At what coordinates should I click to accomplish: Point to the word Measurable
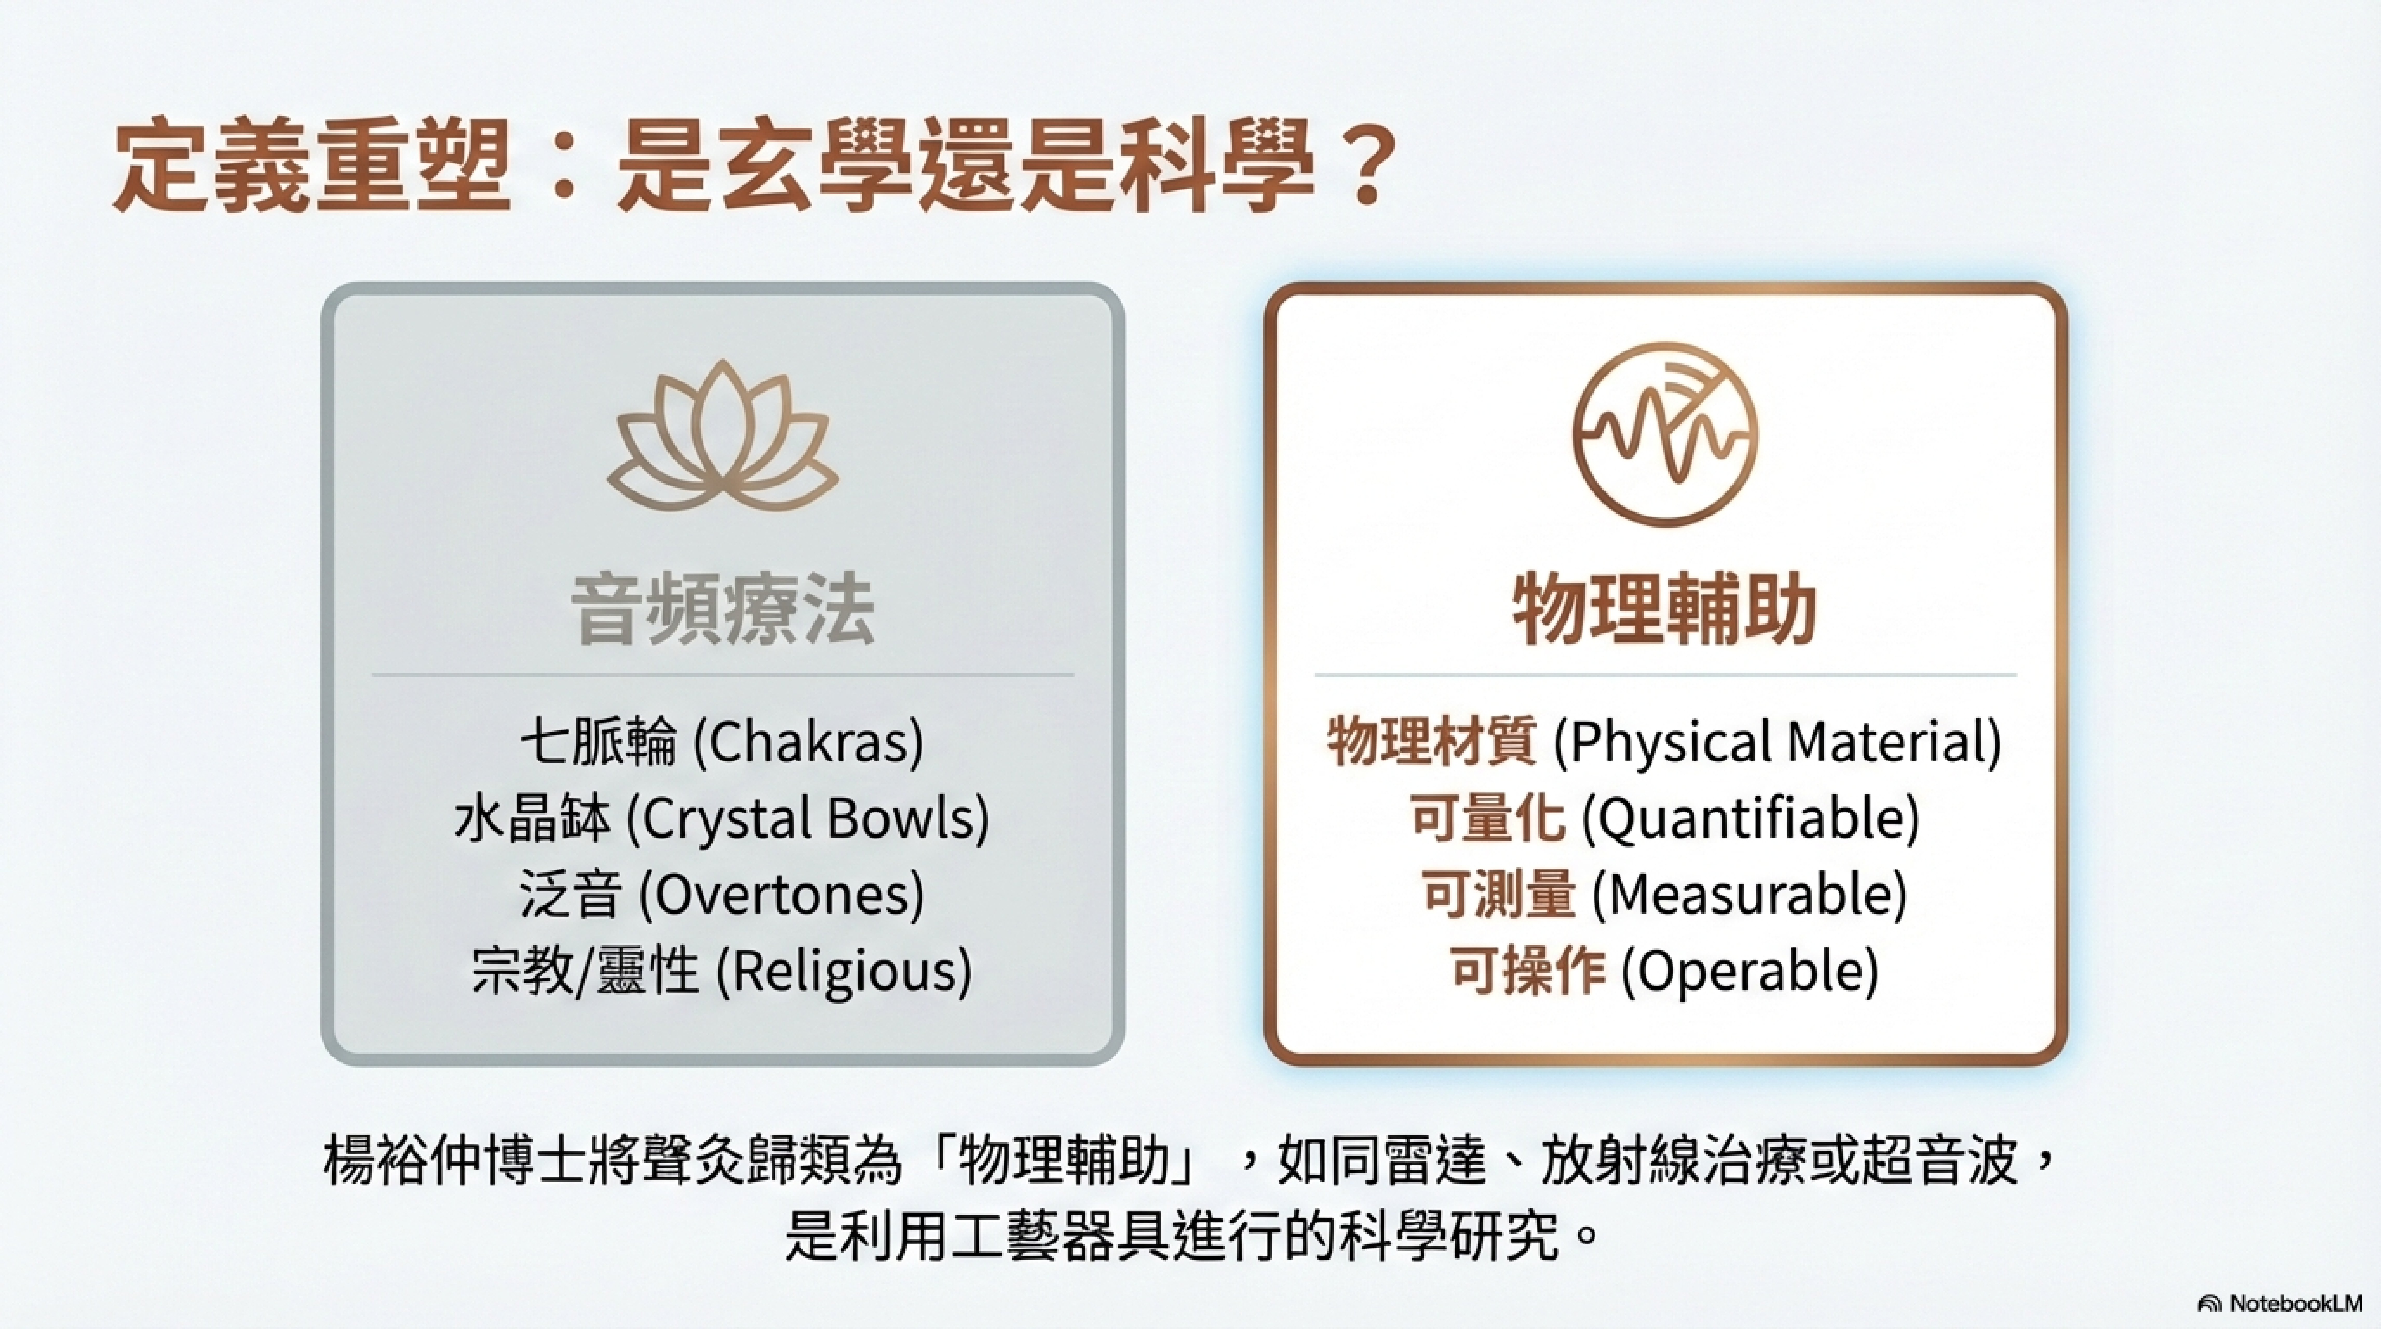coord(1749,895)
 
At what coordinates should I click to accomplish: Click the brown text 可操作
coord(1528,971)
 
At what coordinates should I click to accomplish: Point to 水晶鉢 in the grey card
coord(532,819)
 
